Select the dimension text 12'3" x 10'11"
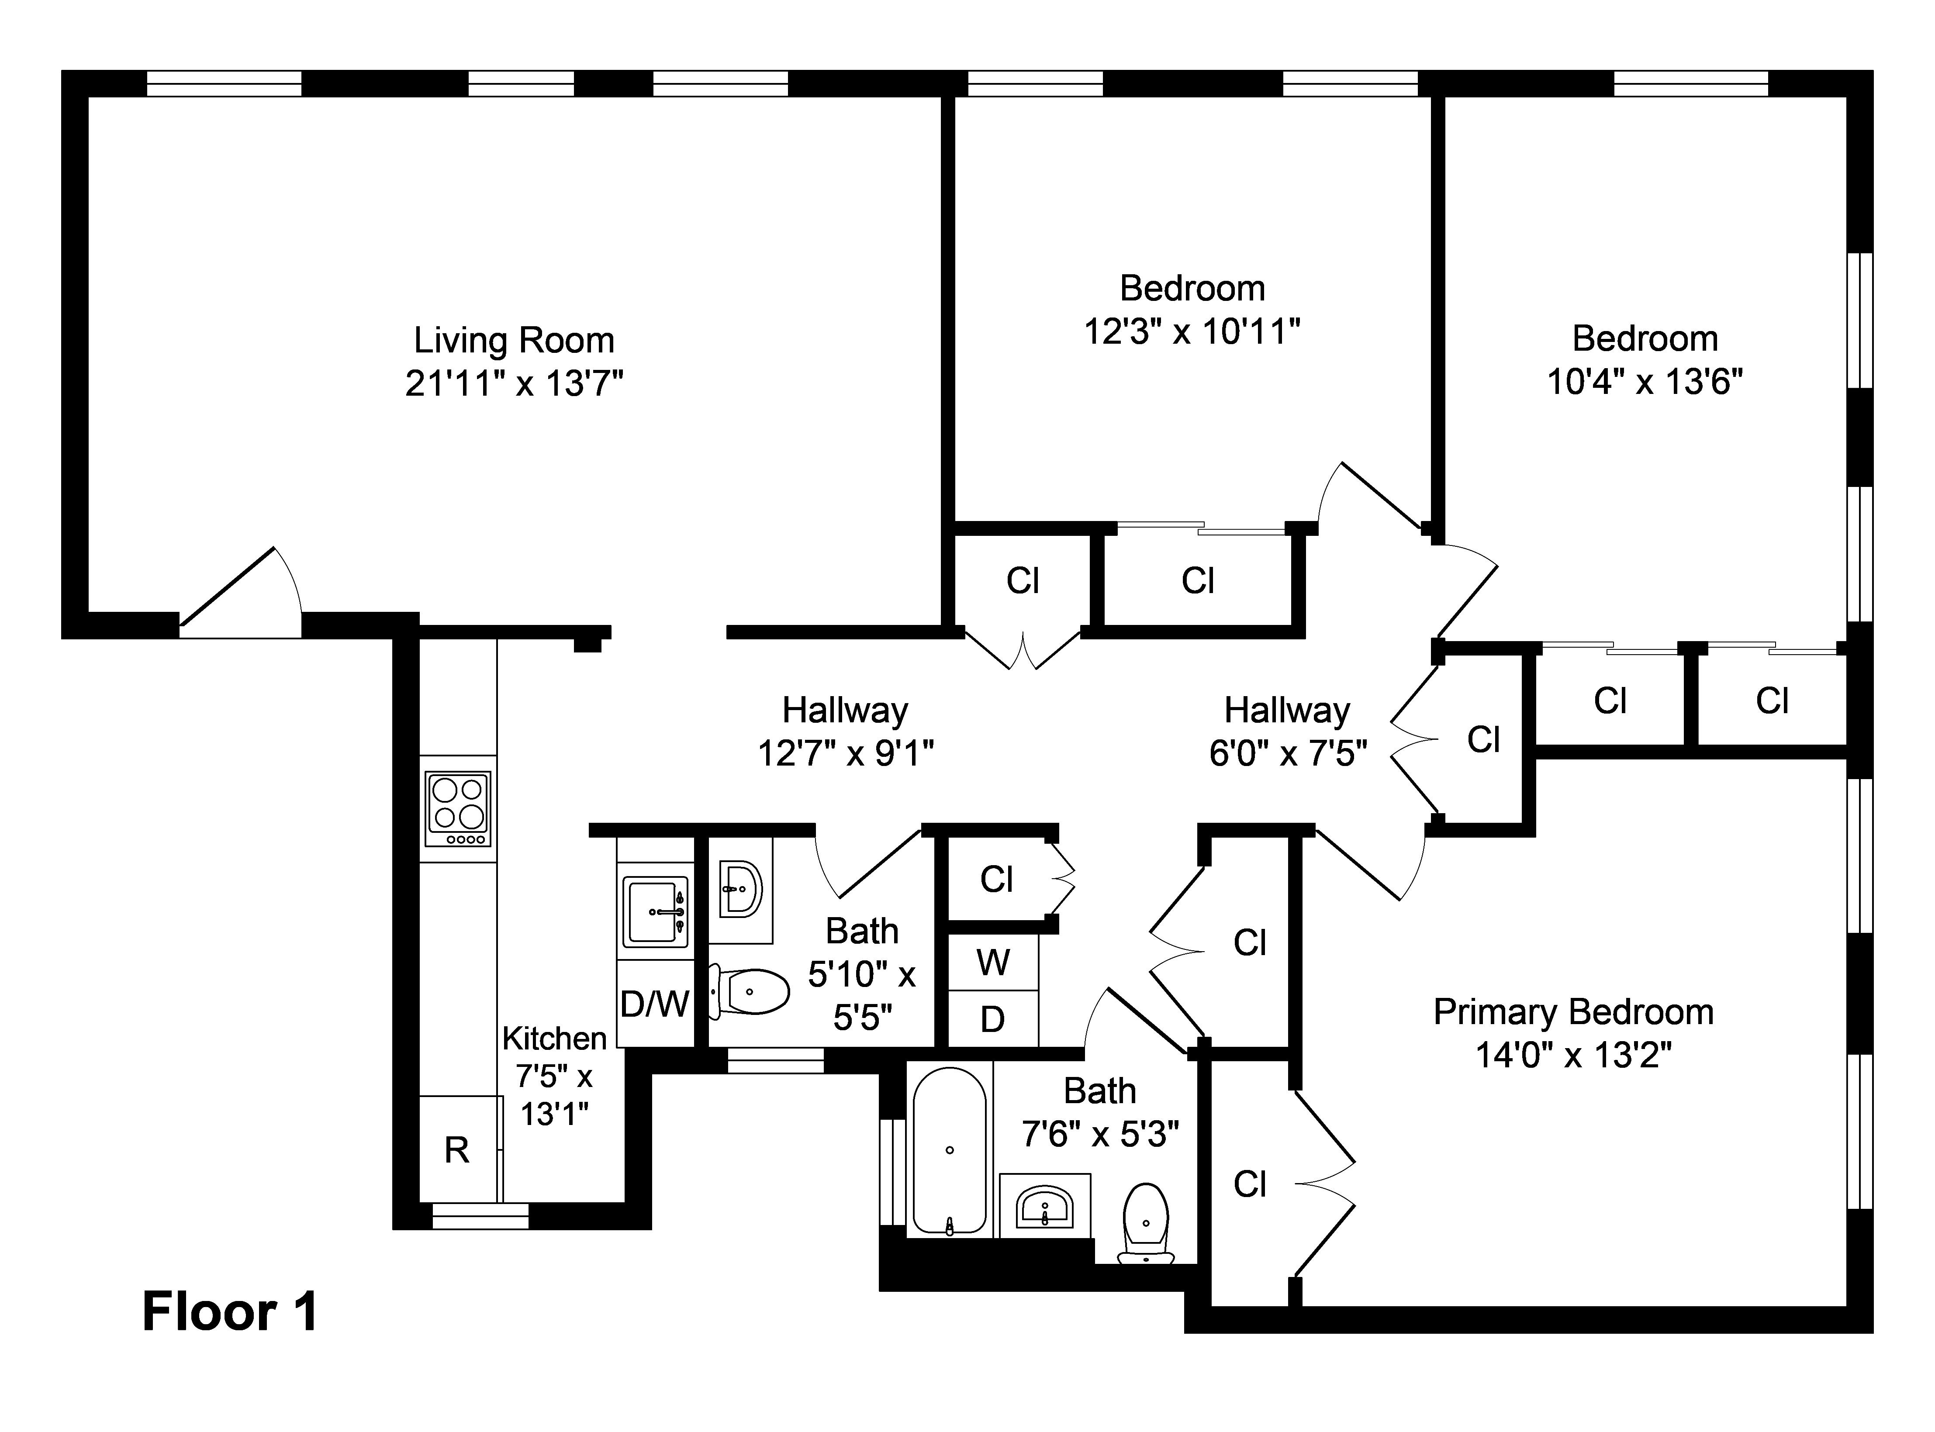click(1193, 331)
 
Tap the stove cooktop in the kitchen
click(458, 809)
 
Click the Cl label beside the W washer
click(997, 880)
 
